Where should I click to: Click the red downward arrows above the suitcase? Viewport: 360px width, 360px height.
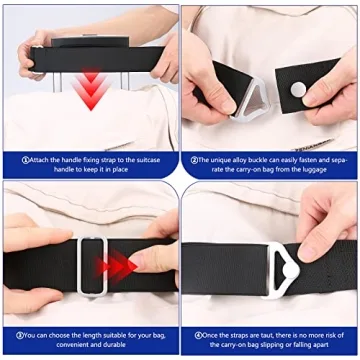(x=91, y=88)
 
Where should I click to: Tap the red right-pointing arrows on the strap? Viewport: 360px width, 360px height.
(x=116, y=266)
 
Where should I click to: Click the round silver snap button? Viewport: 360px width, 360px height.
(x=298, y=90)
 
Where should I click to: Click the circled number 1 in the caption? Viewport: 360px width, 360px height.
(x=25, y=160)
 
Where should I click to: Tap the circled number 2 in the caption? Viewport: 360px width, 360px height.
(x=194, y=160)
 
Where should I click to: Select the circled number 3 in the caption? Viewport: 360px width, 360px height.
(x=20, y=335)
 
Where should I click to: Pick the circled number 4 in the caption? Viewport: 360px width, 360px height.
(x=198, y=335)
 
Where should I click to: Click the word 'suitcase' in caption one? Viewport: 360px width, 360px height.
(x=148, y=160)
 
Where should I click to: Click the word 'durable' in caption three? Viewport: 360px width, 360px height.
(x=114, y=344)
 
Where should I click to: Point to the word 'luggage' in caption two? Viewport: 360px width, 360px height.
(x=317, y=169)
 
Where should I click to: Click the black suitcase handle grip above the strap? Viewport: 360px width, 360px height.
(x=90, y=42)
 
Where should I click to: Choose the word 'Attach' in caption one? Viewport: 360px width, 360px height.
(x=39, y=160)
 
